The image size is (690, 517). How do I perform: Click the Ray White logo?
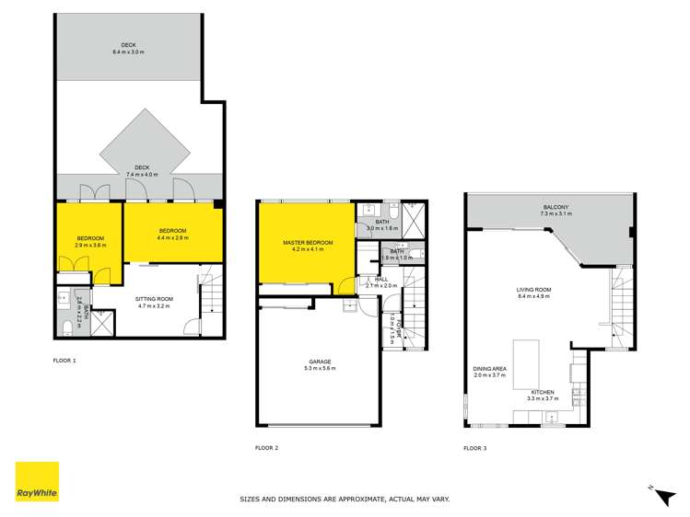pyautogui.click(x=37, y=483)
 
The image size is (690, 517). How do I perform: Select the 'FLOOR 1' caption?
pyautogui.click(x=64, y=360)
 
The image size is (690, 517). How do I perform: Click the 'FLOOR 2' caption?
pyautogui.click(x=266, y=448)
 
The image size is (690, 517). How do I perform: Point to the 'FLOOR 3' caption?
pyautogui.click(x=474, y=448)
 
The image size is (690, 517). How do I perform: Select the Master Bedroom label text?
pyautogui.click(x=307, y=245)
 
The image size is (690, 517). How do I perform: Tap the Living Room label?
pyautogui.click(x=532, y=293)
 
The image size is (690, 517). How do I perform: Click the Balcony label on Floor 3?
pyautogui.click(x=557, y=210)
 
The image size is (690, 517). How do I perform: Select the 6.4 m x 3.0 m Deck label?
pyautogui.click(x=128, y=49)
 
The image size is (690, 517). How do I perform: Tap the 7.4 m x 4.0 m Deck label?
pyautogui.click(x=140, y=170)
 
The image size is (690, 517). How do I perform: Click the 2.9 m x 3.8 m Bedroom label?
pyautogui.click(x=90, y=241)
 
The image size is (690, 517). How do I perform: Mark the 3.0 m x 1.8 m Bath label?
pyautogui.click(x=384, y=224)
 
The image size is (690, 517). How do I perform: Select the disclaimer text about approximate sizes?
pyautogui.click(x=345, y=499)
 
